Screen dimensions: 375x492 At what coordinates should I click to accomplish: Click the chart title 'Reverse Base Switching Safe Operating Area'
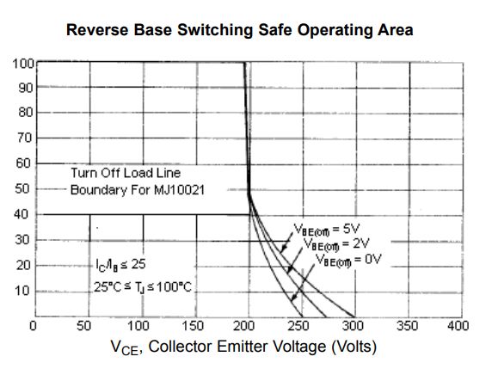(x=240, y=30)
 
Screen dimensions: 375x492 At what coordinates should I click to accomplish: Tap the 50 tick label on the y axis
(x=23, y=189)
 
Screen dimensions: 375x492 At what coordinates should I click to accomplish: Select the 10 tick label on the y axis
(x=23, y=291)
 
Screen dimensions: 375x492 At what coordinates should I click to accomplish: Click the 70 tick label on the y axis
(x=23, y=138)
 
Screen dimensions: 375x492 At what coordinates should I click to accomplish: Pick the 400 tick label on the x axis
(x=458, y=326)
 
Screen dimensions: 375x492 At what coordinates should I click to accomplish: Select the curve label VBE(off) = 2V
(x=330, y=244)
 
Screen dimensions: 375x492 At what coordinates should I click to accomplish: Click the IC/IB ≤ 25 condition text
(x=115, y=264)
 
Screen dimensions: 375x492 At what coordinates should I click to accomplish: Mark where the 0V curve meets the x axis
(x=354, y=317)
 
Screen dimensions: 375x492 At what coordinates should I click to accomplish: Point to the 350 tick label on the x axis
(x=406, y=326)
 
